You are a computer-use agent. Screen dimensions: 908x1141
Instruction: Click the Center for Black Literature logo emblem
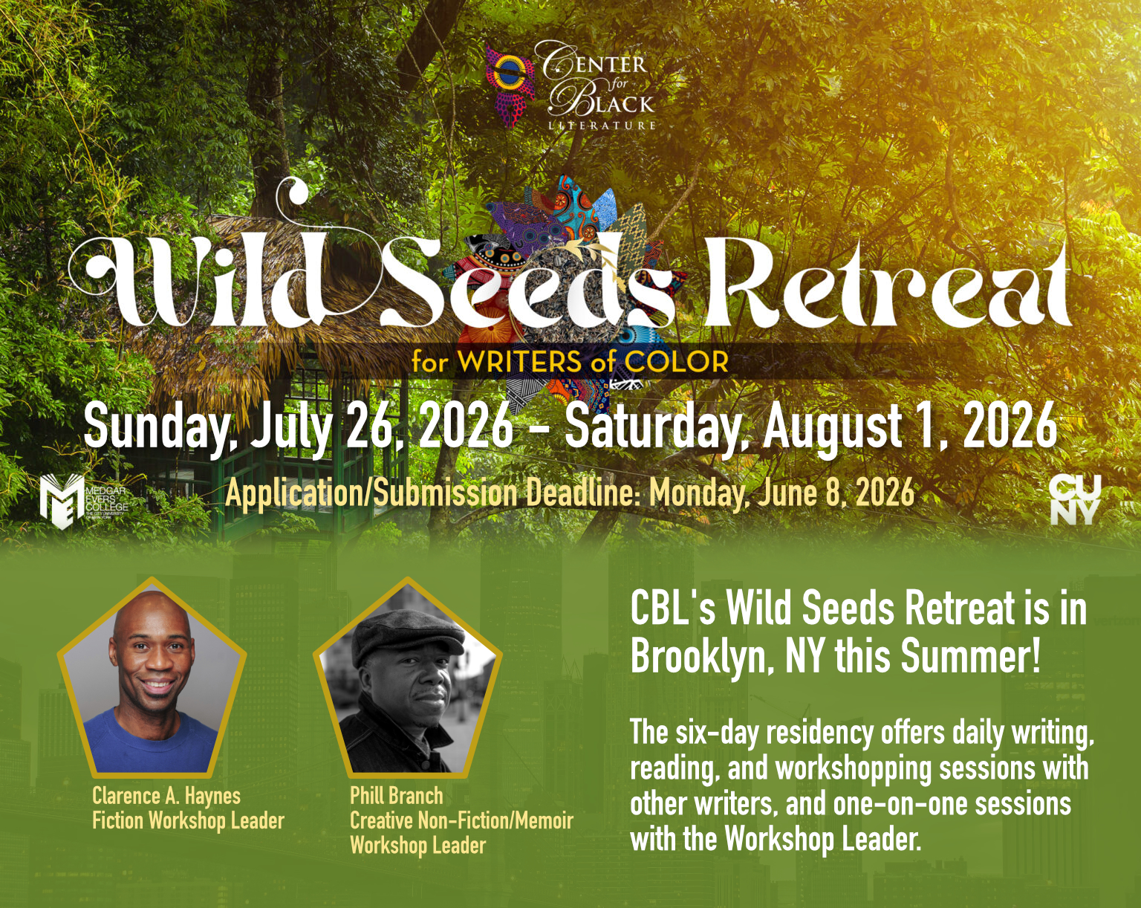pos(510,82)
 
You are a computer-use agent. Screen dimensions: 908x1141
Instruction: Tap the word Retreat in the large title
pos(888,286)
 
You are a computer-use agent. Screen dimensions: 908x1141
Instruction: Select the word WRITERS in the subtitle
pos(519,363)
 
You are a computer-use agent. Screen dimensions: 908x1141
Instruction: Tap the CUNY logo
pos(1074,499)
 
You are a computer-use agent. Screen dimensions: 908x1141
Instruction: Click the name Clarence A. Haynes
pos(166,797)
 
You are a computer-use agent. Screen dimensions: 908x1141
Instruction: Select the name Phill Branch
pos(396,797)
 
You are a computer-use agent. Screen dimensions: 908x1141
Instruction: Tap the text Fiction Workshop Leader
pos(188,821)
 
